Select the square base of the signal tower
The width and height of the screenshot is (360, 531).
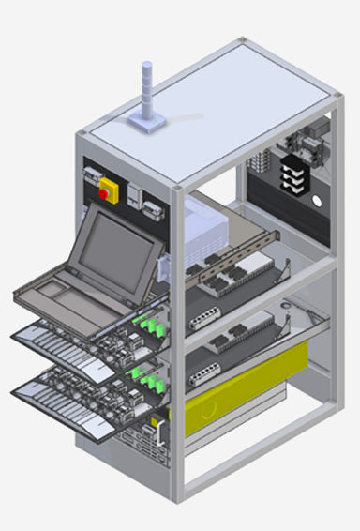147,122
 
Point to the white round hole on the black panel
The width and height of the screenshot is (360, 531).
316,202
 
